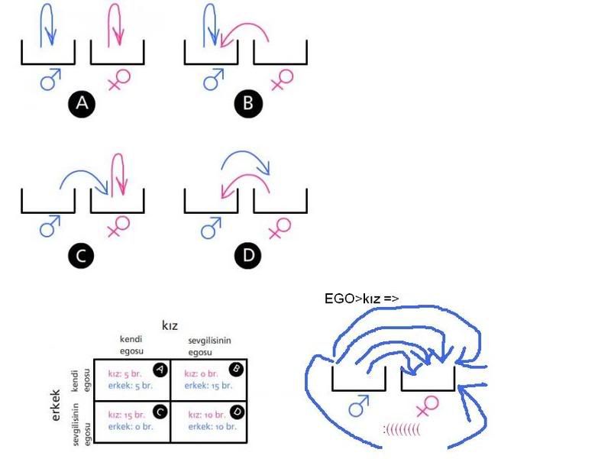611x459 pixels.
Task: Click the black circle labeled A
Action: click(82, 104)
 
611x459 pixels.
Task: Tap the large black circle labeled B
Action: click(246, 104)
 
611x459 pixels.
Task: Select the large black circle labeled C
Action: click(82, 257)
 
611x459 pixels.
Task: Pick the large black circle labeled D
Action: click(246, 257)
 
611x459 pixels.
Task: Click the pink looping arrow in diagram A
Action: click(115, 24)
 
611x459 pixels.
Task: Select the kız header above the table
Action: click(170, 325)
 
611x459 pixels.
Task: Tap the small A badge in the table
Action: click(160, 369)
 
